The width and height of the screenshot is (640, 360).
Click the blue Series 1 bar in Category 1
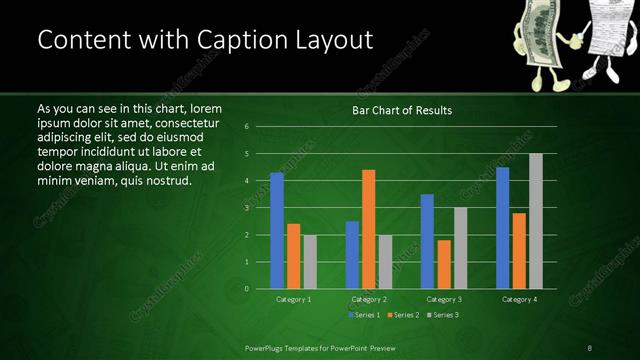[277, 230]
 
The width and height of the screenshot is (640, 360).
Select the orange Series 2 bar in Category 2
[368, 229]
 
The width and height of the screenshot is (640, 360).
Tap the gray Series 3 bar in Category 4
[535, 221]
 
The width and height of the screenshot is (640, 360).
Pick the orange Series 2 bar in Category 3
[443, 264]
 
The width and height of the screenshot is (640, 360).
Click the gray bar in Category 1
[309, 261]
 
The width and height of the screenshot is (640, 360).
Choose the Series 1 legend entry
[365, 315]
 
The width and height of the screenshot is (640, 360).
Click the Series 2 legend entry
[404, 315]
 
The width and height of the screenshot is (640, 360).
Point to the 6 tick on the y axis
[261, 127]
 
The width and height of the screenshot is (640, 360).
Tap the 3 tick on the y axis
[261, 208]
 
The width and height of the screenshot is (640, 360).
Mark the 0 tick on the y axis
[261, 289]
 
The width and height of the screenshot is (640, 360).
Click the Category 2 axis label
[368, 299]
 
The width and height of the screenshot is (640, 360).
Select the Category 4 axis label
[519, 299]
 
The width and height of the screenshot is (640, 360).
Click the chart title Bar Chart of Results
[402, 109]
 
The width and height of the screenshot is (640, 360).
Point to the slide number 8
[590, 347]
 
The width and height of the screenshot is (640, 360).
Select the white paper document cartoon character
[606, 38]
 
